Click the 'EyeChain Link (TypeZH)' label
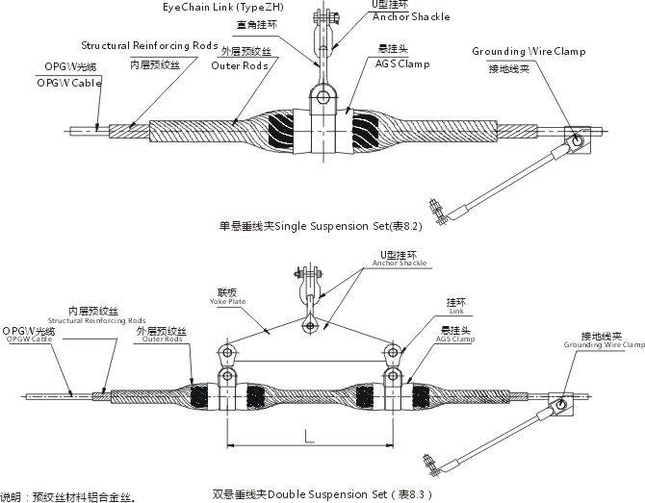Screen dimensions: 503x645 [x=223, y=8]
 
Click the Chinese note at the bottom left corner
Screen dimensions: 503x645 [x=67, y=496]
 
